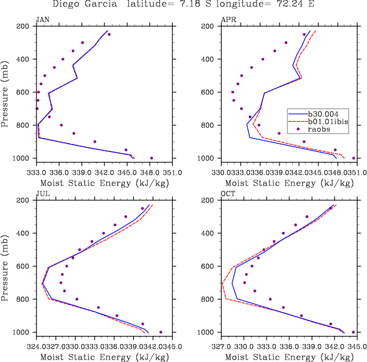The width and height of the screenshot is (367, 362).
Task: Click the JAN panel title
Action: [x=42, y=20]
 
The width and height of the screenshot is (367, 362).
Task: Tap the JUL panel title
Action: [x=42, y=194]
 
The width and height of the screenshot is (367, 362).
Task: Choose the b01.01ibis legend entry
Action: [x=331, y=122]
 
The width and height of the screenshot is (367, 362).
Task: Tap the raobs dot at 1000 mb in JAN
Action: [x=151, y=158]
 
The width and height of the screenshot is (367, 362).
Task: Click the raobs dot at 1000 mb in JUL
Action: [x=161, y=332]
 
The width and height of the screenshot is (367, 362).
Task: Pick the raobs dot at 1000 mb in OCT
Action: [x=353, y=332]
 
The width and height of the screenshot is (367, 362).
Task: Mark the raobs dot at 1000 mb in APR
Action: [x=354, y=158]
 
